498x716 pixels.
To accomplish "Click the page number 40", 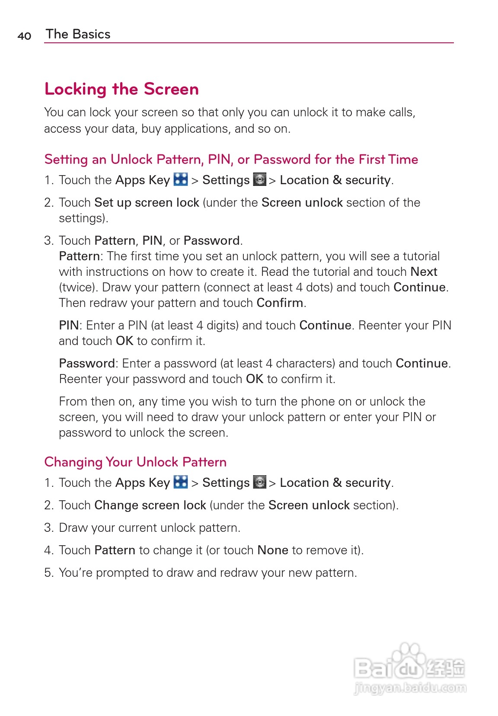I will [x=24, y=36].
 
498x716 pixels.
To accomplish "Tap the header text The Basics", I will [x=78, y=34].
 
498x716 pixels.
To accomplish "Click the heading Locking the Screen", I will [x=121, y=89].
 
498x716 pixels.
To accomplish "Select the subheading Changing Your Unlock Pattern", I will [x=135, y=462].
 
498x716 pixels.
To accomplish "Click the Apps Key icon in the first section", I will [x=181, y=179].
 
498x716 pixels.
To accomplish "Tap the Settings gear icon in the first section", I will [x=259, y=179].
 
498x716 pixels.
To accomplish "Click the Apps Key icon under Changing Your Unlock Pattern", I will [x=181, y=482].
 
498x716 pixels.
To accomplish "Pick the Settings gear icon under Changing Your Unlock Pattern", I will [x=259, y=482].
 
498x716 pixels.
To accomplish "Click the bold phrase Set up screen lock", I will [x=147, y=202].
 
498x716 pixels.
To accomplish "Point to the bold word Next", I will [x=424, y=272].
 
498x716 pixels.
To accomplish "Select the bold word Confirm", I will [x=280, y=303].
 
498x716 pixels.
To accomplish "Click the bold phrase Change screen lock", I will [x=150, y=505].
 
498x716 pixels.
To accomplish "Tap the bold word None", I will [x=272, y=550].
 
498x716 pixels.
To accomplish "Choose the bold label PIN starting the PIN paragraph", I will [x=69, y=325].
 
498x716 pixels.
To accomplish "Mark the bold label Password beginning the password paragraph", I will [x=87, y=363].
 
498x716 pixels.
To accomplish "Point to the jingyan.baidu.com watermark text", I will [x=410, y=687].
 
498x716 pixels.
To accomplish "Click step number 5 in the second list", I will [x=48, y=572].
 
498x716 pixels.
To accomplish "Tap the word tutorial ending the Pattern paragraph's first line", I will [x=421, y=256].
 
